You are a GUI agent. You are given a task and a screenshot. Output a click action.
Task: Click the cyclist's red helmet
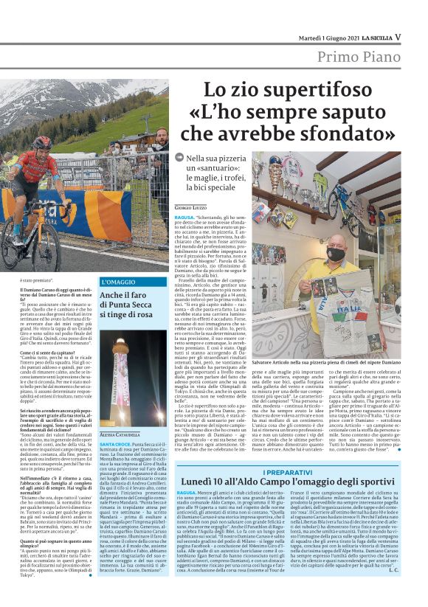(x=43, y=142)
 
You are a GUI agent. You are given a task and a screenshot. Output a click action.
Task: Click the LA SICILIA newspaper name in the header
(x=373, y=37)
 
